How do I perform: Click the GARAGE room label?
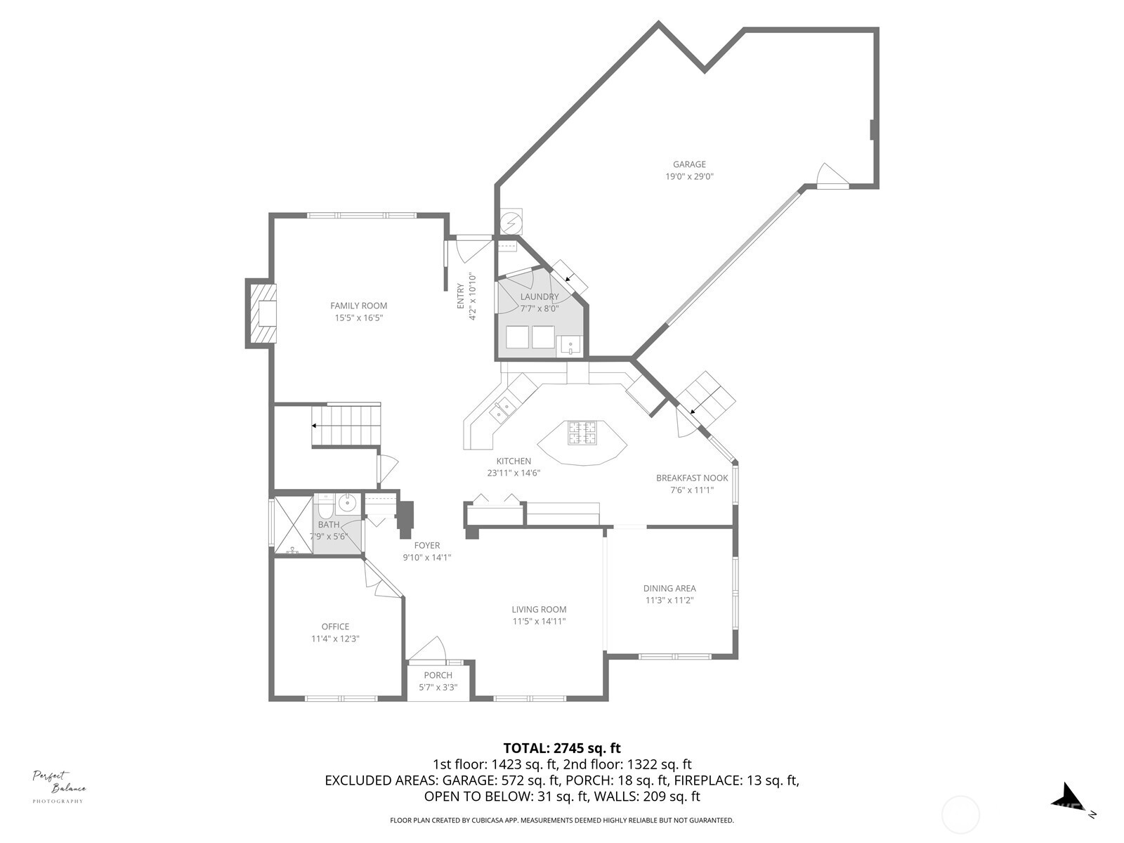click(689, 164)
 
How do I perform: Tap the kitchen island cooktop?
click(582, 433)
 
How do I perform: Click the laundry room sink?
click(570, 346)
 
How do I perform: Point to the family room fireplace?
click(261, 313)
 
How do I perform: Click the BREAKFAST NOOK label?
click(692, 478)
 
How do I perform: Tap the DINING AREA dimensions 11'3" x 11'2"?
click(669, 601)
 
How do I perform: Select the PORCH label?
click(438, 675)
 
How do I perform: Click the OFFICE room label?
click(335, 627)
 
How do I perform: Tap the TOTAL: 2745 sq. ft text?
click(562, 748)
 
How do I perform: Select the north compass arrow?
click(1067, 797)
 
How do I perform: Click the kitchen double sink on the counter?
click(502, 410)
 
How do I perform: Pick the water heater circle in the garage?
click(511, 222)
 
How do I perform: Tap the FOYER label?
click(426, 545)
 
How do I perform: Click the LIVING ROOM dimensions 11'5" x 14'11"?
click(539, 621)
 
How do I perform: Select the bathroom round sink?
click(347, 502)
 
